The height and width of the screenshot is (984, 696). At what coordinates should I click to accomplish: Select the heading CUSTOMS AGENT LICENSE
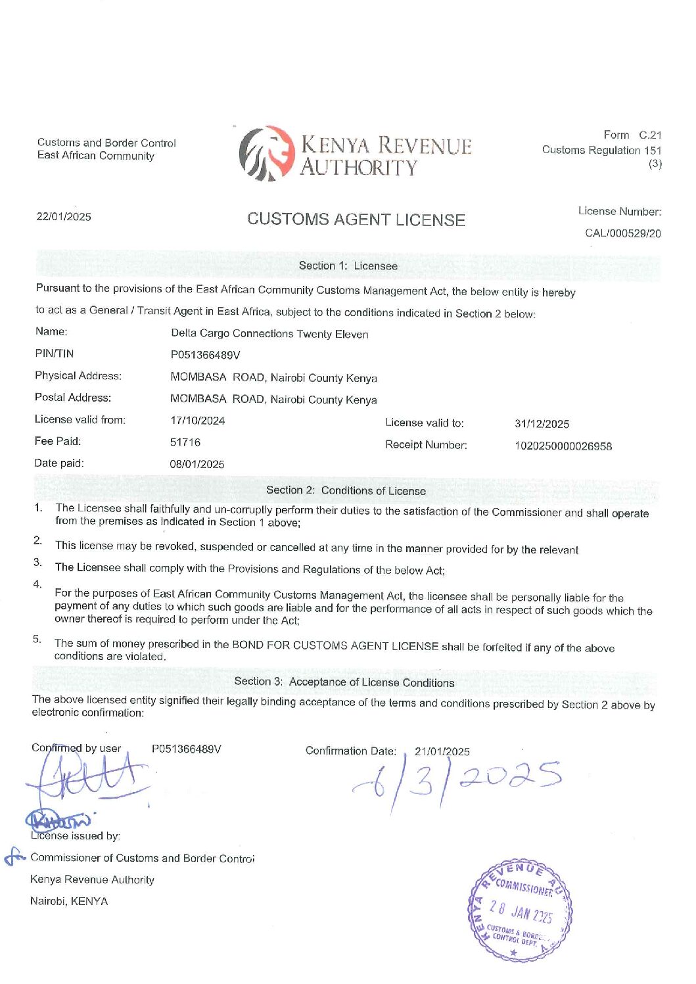[x=356, y=220]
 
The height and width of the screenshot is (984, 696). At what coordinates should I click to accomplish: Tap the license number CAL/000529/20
[x=622, y=233]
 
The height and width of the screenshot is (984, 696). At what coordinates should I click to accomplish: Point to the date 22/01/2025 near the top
[x=64, y=217]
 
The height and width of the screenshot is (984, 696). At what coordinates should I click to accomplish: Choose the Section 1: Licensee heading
[x=348, y=266]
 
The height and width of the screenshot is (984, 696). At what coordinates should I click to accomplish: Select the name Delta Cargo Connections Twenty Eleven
[x=269, y=334]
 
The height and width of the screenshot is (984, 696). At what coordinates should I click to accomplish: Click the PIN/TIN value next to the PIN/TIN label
[x=205, y=356]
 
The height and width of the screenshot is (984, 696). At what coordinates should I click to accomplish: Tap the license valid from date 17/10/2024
[x=197, y=421]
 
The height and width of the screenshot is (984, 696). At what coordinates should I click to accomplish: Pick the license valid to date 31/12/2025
[x=542, y=424]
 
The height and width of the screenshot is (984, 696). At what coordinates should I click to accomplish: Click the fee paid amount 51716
[x=185, y=442]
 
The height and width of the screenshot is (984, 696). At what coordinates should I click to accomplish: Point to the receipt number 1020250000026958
[x=563, y=446]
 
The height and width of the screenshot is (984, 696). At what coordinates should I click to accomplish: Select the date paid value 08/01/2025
[x=197, y=464]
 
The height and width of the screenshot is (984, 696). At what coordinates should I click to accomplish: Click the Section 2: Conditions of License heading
[x=346, y=491]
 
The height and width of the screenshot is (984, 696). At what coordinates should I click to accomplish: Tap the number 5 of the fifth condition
[x=37, y=640]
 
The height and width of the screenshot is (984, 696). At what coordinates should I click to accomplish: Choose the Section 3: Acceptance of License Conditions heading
[x=344, y=682]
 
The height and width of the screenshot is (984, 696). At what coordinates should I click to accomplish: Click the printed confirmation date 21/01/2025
[x=442, y=752]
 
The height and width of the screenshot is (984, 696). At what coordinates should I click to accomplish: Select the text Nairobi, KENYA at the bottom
[x=69, y=901]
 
